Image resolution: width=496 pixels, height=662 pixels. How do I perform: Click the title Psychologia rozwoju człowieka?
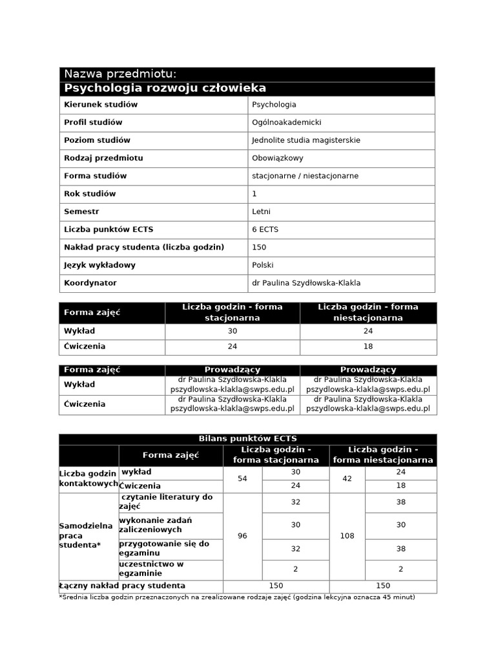coord(165,89)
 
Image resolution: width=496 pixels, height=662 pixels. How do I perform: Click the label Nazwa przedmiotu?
coord(119,74)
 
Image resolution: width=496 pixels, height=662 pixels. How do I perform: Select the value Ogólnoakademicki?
coord(286,122)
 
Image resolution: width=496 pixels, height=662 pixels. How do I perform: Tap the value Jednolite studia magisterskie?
coord(305,140)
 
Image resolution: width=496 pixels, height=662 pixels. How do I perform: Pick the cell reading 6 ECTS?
coord(265,230)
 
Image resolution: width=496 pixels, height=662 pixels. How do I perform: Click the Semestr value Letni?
coord(262,211)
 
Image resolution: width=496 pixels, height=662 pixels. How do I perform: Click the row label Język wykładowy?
coord(99,265)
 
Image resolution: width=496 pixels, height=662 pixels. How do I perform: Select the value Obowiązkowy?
coord(277,158)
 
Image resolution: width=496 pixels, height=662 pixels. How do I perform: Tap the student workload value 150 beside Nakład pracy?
coord(259,248)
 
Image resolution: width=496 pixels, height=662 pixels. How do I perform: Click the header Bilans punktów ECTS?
coord(248,439)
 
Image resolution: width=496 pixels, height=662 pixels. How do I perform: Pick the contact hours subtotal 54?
coord(242,479)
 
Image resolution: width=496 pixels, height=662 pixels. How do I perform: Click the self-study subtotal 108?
coord(347,536)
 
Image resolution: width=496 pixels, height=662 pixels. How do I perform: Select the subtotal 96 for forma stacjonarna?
coord(242,536)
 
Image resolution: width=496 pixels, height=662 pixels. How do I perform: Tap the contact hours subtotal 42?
coord(347,479)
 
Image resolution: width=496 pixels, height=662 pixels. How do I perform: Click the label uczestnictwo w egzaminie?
coord(152,568)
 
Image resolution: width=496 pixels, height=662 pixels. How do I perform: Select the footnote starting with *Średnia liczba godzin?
coord(236,597)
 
